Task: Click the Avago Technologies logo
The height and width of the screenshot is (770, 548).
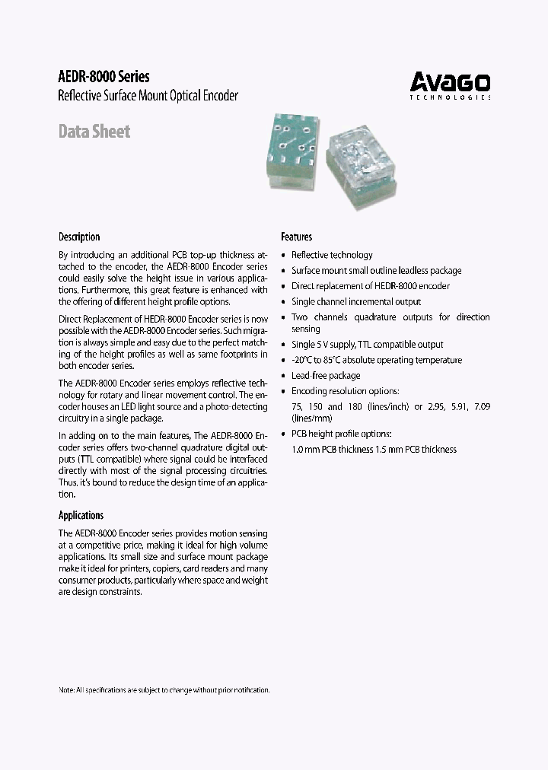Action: click(451, 84)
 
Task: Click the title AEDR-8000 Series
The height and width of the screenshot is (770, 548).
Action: click(104, 77)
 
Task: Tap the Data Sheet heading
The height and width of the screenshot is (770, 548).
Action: click(94, 132)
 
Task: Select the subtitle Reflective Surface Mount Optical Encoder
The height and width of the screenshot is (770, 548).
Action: click(148, 96)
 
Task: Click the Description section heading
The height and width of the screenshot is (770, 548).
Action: click(79, 237)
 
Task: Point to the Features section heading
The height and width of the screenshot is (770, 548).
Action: click(296, 237)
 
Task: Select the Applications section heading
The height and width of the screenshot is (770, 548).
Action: click(81, 515)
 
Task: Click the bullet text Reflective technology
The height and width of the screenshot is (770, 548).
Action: click(332, 255)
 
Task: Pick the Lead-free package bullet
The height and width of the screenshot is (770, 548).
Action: click(326, 375)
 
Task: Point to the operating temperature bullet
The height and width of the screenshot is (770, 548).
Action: click(376, 360)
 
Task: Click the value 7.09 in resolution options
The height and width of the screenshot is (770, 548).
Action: click(482, 406)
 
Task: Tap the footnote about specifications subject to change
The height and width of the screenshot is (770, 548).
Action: click(164, 689)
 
